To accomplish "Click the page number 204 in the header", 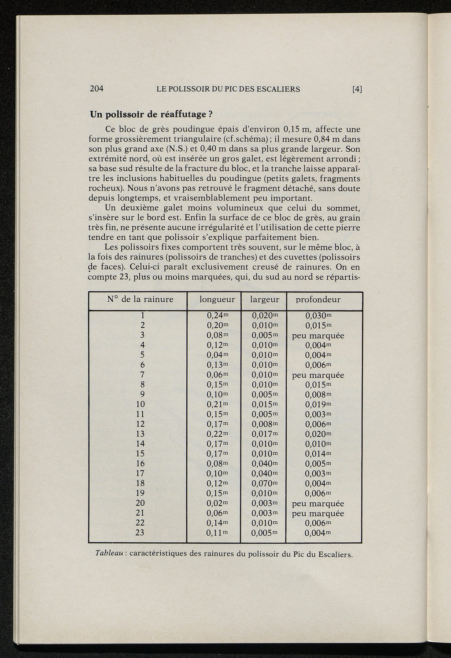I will click(96, 89).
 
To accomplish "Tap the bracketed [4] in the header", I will click(357, 89).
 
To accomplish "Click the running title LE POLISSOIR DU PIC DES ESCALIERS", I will click(228, 89).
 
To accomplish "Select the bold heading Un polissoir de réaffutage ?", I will click(152, 115).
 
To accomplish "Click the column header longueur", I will click(217, 300).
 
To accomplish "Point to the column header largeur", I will click(265, 300).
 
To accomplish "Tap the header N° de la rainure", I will click(140, 300).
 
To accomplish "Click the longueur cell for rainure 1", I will click(217, 315).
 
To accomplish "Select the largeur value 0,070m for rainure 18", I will click(265, 483).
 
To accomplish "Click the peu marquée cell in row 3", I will click(318, 336).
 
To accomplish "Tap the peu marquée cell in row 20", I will click(318, 503).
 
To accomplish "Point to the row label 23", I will click(140, 533).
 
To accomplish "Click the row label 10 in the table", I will click(140, 404).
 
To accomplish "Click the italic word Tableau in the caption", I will click(109, 553).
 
